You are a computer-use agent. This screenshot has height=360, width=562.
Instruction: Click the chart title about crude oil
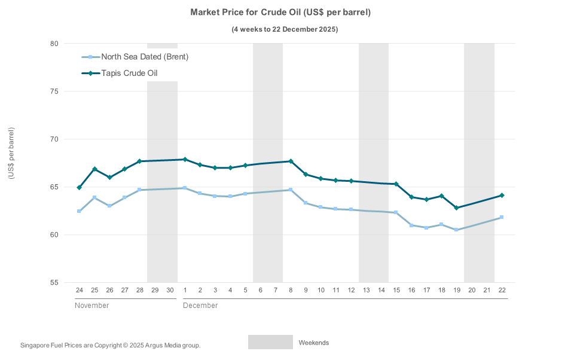coord(280,13)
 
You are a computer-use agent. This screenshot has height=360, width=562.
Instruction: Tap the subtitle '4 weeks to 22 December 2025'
coord(285,29)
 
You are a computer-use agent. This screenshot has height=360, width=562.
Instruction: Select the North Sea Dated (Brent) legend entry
coord(145,57)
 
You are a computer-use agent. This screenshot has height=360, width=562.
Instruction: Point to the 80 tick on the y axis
coord(54,44)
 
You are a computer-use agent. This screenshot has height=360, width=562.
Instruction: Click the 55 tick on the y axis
coord(54,282)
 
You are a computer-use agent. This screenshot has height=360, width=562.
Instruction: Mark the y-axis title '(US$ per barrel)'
coord(11,153)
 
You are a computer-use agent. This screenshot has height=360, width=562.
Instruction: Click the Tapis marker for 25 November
coord(94,169)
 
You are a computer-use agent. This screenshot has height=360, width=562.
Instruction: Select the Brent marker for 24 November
coord(79,211)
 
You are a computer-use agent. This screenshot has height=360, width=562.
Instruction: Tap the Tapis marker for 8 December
coord(291,161)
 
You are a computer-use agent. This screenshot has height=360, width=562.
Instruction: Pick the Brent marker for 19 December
coord(457,230)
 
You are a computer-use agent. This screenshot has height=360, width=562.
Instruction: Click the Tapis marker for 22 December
coord(502,196)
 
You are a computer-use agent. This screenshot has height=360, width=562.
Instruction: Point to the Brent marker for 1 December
coord(185,188)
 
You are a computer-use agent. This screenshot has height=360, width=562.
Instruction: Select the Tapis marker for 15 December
coord(396,184)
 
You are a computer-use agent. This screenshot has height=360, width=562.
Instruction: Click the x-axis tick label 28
coord(139,290)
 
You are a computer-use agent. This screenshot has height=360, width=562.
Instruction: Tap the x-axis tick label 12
coord(351,290)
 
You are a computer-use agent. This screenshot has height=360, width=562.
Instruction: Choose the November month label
coord(91,305)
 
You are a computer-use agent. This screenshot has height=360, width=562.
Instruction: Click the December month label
coord(200,305)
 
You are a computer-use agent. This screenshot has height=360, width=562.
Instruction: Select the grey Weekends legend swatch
coord(270,342)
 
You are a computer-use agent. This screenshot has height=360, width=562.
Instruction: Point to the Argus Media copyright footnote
coord(111,345)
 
